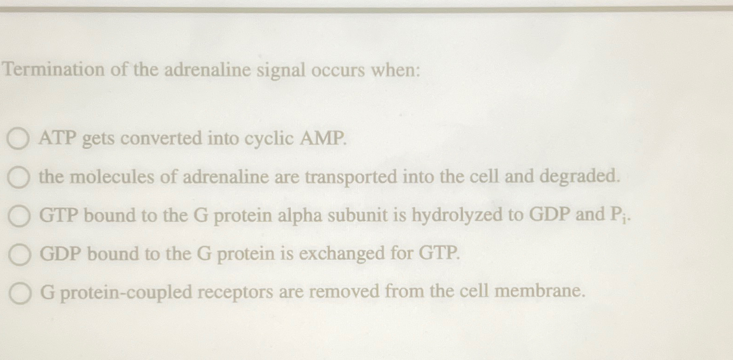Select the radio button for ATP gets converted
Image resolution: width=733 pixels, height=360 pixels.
coord(18,139)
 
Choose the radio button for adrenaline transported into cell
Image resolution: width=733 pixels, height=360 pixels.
coord(19,178)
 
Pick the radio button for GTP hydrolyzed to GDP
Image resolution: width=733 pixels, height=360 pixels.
coord(19,217)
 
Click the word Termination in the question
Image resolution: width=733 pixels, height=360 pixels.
coord(54,70)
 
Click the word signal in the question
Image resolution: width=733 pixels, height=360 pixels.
coord(281,71)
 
